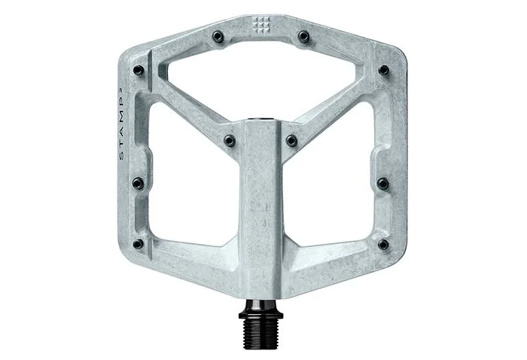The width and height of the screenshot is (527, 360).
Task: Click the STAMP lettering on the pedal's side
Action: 122,124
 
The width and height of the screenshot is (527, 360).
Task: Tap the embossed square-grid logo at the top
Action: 261,25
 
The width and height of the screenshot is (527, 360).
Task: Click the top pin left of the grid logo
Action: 218,36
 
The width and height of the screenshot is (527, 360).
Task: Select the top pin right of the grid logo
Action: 303,35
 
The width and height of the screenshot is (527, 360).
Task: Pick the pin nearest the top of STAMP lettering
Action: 138,70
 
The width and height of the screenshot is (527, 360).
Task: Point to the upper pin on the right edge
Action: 383,70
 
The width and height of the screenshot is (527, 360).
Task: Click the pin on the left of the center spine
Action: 230,140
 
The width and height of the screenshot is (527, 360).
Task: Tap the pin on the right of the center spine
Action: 291,140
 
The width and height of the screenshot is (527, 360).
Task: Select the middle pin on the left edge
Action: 138,183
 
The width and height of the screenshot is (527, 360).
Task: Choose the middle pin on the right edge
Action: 382,184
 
